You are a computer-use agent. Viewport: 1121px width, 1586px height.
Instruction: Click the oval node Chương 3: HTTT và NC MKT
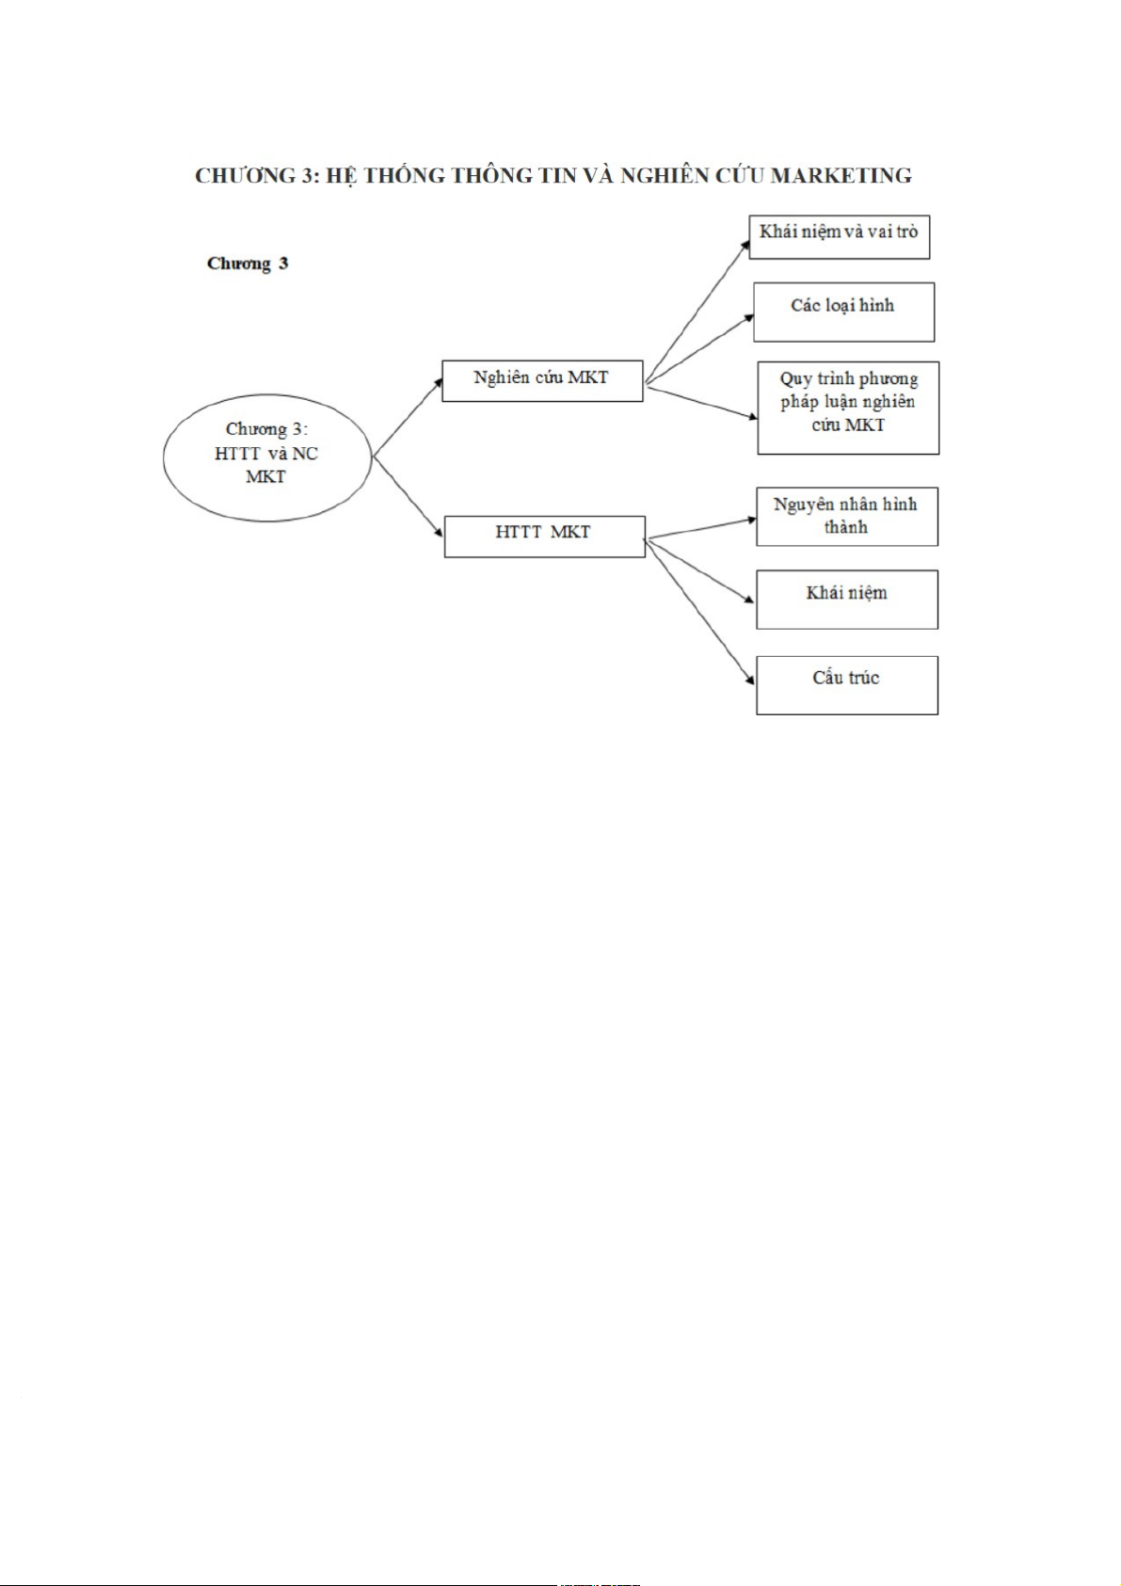pyautogui.click(x=267, y=457)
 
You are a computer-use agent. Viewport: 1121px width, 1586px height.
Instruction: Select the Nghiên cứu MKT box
pyautogui.click(x=542, y=380)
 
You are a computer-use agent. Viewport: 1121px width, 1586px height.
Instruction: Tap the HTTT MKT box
pyautogui.click(x=544, y=536)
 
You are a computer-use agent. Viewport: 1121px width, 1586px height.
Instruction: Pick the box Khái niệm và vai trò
pyautogui.click(x=839, y=236)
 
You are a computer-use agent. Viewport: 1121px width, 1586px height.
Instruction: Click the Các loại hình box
pyautogui.click(x=843, y=312)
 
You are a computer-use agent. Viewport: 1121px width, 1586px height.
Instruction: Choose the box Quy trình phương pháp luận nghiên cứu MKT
pyautogui.click(x=848, y=407)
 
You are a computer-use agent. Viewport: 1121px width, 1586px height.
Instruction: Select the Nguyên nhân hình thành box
pyautogui.click(x=846, y=516)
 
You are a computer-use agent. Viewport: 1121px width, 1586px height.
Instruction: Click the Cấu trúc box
pyautogui.click(x=846, y=684)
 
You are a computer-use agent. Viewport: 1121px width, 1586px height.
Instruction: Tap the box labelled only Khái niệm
pyautogui.click(x=846, y=599)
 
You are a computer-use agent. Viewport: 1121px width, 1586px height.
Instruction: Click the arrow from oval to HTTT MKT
pyautogui.click(x=408, y=496)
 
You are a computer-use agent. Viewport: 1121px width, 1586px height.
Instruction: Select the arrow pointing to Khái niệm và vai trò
pyautogui.click(x=697, y=308)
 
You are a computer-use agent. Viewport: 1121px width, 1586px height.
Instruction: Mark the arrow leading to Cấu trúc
pyautogui.click(x=700, y=612)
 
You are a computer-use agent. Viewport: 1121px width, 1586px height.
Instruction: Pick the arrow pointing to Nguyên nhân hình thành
pyautogui.click(x=701, y=529)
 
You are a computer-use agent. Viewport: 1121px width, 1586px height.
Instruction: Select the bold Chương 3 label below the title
pyautogui.click(x=248, y=264)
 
